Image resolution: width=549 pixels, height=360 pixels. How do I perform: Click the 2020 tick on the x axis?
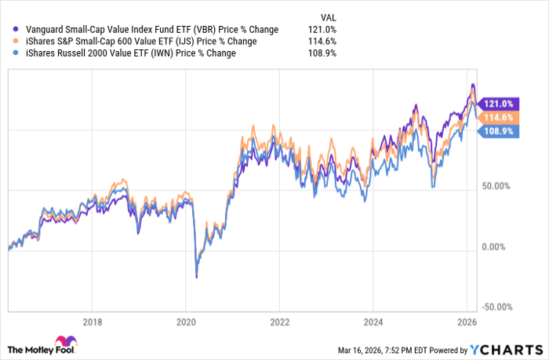click(x=186, y=321)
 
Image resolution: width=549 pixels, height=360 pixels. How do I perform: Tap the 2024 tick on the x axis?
click(x=373, y=321)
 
